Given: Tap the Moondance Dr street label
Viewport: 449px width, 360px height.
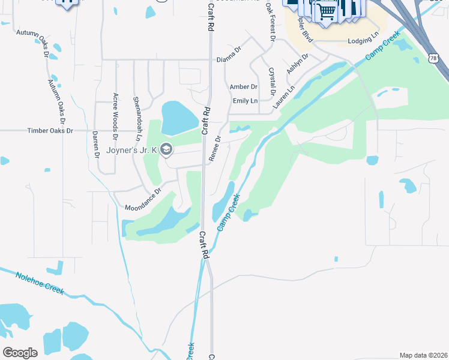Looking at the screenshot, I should [143, 200].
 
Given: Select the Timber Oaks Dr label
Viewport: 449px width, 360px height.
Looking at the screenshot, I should [50, 130].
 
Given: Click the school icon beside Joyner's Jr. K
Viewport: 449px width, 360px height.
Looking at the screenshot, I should [166, 149].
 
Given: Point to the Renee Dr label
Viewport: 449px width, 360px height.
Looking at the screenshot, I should [214, 147].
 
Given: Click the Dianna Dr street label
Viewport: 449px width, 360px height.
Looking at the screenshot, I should [228, 59].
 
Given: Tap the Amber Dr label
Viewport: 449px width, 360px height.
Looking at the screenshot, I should [243, 87].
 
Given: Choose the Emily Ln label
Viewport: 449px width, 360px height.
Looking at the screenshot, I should [245, 101].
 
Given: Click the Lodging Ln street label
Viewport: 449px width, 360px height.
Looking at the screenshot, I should [364, 41].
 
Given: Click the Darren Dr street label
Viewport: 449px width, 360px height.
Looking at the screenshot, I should [96, 145].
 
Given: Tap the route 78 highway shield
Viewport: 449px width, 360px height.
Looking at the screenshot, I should [433, 58].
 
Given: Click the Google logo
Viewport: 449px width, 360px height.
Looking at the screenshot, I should [20, 353].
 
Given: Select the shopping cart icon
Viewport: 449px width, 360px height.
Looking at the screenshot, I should [326, 11].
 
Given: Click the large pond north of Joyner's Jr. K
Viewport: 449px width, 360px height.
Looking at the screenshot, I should [179, 118].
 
